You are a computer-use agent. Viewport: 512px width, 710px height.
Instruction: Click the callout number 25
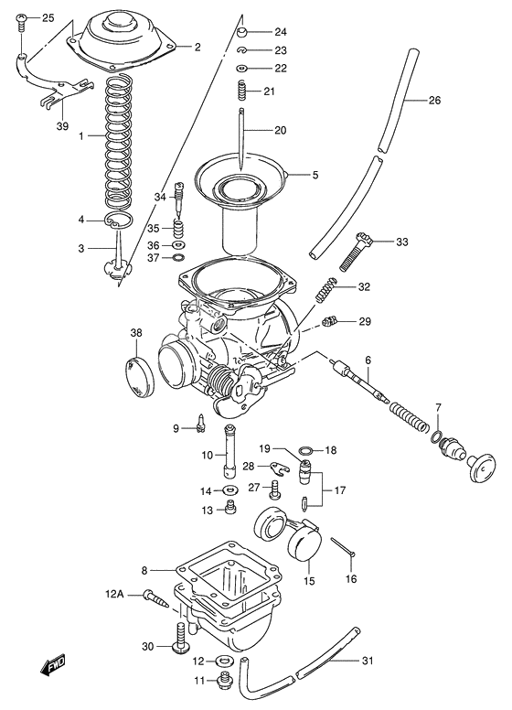[x=48, y=18]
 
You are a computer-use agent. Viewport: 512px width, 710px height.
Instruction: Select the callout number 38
[x=136, y=332]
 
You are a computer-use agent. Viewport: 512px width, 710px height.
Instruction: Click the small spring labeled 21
[x=242, y=91]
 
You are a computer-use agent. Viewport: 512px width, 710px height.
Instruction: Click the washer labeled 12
[x=220, y=661]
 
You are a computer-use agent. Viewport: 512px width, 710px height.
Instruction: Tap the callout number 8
[x=144, y=570]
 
